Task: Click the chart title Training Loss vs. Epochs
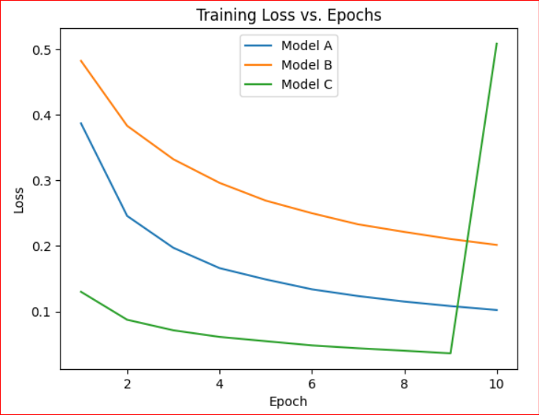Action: tap(289, 15)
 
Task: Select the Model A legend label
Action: tap(306, 46)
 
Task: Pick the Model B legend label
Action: tap(306, 65)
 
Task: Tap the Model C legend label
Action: tap(306, 84)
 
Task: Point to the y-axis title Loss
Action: tap(19, 199)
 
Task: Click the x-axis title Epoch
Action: tap(289, 402)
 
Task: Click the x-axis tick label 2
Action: tap(127, 384)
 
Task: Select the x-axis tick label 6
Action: tap(312, 384)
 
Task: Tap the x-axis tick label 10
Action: tap(497, 384)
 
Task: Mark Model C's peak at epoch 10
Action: tap(497, 44)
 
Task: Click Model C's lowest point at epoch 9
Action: tap(450, 353)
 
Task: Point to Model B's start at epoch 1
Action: tap(81, 61)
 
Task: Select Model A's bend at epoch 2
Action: tap(127, 216)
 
